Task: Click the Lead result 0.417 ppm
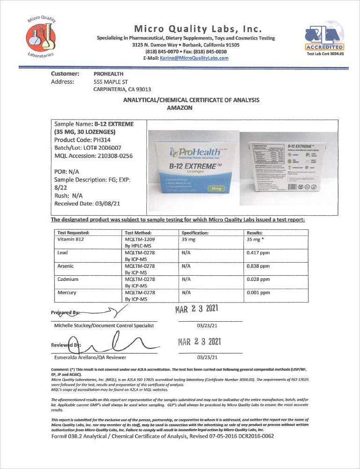pyautogui.click(x=258, y=252)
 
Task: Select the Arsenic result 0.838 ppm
pyautogui.click(x=258, y=265)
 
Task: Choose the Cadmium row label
pyautogui.click(x=68, y=279)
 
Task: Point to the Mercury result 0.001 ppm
pyautogui.click(x=258, y=292)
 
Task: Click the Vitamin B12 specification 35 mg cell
pyautogui.click(x=188, y=239)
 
